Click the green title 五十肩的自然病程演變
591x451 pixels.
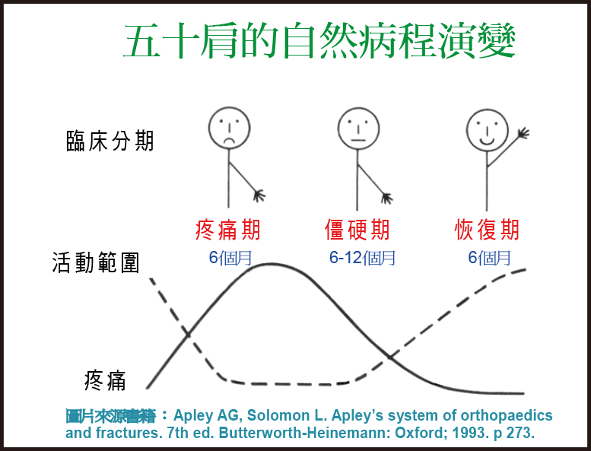point(319,40)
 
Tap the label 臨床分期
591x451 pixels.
point(110,141)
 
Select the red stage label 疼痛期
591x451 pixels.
point(228,230)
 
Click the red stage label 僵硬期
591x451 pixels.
point(357,230)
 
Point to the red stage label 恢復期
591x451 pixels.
point(487,230)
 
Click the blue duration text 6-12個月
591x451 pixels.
point(362,258)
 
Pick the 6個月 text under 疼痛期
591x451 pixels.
point(230,258)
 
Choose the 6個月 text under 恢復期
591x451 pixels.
point(489,258)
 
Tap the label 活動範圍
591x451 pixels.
point(96,262)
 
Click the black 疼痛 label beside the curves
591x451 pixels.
point(105,380)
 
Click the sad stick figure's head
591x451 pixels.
point(229,128)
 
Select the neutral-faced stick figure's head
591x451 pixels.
point(358,129)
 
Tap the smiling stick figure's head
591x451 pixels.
point(487,130)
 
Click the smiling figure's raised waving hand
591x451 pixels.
point(523,133)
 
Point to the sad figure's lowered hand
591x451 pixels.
point(259,195)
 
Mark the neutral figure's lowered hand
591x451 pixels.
point(386,199)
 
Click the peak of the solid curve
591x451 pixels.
point(272,264)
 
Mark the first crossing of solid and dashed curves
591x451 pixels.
point(188,334)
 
